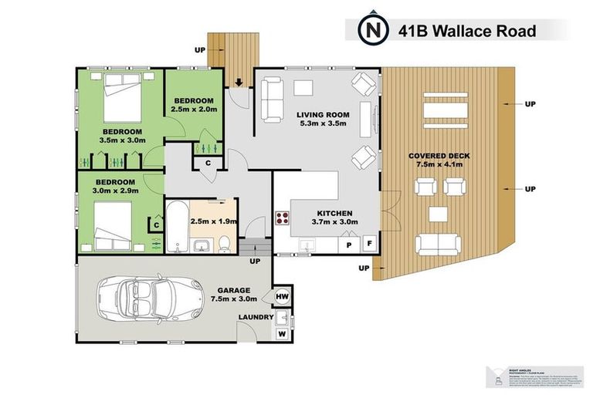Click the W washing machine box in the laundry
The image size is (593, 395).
tap(281, 333)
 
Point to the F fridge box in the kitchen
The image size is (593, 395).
tap(369, 245)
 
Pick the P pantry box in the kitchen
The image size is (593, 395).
tap(349, 245)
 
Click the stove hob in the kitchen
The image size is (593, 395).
tap(280, 218)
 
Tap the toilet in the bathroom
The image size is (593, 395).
tap(222, 242)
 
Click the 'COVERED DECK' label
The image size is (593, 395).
tap(439, 157)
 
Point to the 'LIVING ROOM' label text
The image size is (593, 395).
tap(323, 115)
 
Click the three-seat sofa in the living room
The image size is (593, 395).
tap(270, 100)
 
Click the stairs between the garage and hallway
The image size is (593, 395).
tap(252, 248)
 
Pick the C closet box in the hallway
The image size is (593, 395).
tap(208, 163)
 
